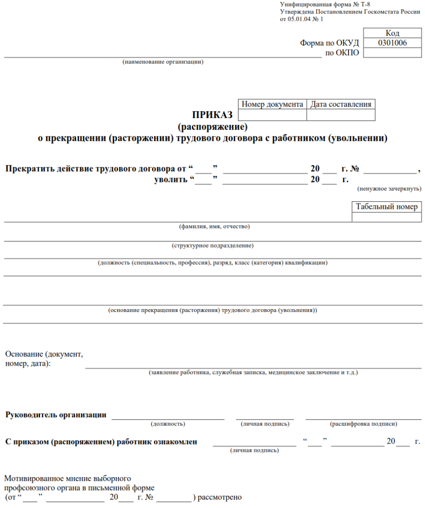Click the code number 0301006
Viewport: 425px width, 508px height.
[x=392, y=43]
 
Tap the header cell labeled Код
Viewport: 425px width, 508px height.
[x=392, y=33]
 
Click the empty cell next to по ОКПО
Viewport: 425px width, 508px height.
[x=392, y=53]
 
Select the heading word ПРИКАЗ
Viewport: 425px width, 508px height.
[x=212, y=116]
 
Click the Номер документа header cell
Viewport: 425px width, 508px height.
[x=272, y=104]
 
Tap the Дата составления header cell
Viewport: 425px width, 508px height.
[x=341, y=104]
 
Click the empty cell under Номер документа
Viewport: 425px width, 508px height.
[x=272, y=115]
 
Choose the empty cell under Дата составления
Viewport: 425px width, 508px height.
[x=341, y=115]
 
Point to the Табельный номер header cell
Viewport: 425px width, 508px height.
[x=387, y=207]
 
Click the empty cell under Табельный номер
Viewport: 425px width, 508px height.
[x=387, y=217]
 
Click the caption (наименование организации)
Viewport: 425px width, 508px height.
[x=163, y=62]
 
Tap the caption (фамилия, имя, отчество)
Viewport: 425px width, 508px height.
[x=214, y=227]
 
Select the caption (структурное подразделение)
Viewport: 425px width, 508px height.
[x=213, y=245]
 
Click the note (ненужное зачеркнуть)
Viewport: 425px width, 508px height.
[x=389, y=189]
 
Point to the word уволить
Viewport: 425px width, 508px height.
[x=171, y=180]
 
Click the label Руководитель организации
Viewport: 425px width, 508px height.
[x=56, y=415]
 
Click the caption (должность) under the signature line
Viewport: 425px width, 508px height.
[x=168, y=424]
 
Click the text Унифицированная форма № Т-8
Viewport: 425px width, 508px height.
[x=325, y=4]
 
